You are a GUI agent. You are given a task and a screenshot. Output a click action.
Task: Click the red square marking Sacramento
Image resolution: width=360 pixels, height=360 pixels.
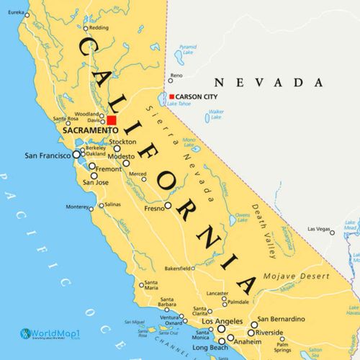click(x=112, y=120)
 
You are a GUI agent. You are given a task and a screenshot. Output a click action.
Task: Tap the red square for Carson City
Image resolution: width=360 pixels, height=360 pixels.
click(x=171, y=96)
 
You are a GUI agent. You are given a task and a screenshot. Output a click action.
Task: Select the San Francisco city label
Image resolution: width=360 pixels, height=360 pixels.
click(x=48, y=155)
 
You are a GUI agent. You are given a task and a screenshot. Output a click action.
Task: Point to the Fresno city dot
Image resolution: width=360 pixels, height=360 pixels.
click(x=168, y=205)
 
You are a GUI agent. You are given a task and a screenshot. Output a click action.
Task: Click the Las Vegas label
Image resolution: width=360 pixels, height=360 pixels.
click(x=321, y=230)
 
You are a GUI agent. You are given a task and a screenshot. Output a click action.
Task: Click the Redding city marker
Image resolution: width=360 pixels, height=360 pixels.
click(x=85, y=28)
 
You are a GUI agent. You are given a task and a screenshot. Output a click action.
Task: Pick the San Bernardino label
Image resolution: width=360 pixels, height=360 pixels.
click(x=284, y=318)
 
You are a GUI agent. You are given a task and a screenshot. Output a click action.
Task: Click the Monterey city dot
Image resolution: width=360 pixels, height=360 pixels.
click(x=91, y=207)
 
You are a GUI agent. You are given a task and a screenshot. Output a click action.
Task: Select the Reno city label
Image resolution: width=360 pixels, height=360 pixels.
click(x=176, y=75)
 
